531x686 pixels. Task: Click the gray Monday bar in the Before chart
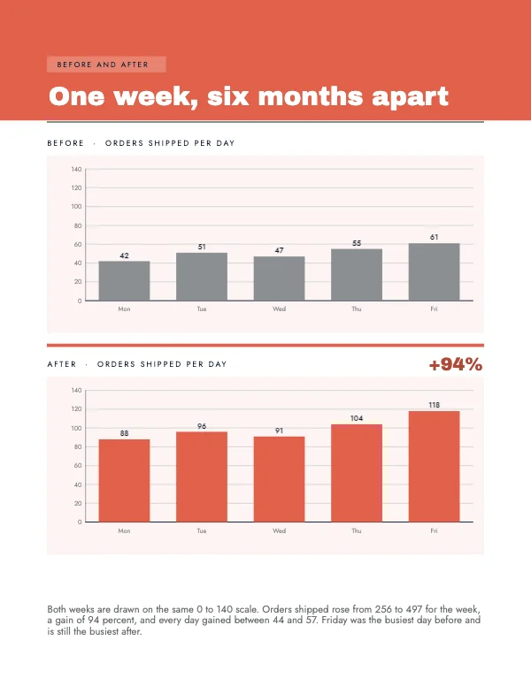(x=124, y=280)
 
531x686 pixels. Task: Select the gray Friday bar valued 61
(x=434, y=271)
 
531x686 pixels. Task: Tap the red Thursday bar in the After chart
(x=357, y=473)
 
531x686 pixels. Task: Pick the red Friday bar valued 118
(x=434, y=467)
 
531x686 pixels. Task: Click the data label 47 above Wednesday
(x=279, y=250)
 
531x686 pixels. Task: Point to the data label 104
(x=357, y=418)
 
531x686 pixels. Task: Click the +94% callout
(x=456, y=364)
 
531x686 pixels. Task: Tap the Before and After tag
(x=106, y=65)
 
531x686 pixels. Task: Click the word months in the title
(x=310, y=96)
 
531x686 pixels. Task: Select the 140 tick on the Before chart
(x=76, y=170)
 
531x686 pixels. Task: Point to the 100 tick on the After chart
(x=76, y=428)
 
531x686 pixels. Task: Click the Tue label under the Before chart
(x=202, y=309)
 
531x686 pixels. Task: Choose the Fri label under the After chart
(x=434, y=530)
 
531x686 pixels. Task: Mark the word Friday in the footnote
(x=335, y=621)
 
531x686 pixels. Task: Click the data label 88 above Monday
(x=124, y=433)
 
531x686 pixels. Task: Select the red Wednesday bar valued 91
(x=279, y=479)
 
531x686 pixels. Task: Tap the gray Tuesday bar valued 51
(x=202, y=277)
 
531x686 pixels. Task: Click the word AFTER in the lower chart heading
(x=62, y=364)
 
